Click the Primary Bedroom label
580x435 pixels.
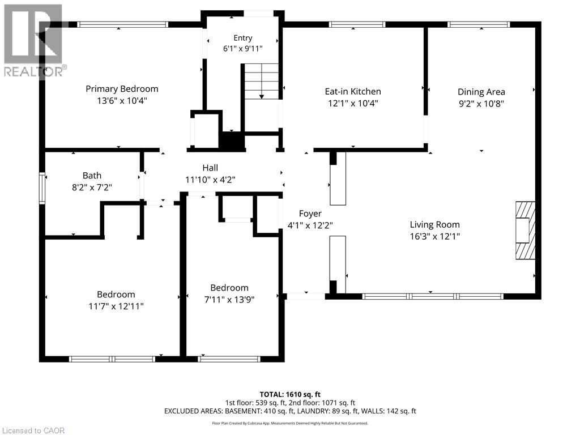tap(122, 89)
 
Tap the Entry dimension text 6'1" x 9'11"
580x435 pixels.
tap(242, 49)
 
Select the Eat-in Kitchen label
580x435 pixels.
tap(353, 91)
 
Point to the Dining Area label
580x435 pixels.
tap(481, 92)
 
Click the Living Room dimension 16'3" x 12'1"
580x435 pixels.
tap(434, 236)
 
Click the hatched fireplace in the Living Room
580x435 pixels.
tap(525, 231)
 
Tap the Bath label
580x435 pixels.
tap(92, 176)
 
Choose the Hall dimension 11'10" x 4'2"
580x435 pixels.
tap(210, 180)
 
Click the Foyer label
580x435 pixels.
tap(310, 214)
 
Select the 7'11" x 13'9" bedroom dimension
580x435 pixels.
tap(229, 300)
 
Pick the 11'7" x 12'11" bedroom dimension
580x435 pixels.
tap(116, 306)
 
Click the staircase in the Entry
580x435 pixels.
tap(262, 82)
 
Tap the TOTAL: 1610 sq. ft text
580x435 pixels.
tap(290, 394)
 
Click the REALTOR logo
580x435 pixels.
tap(33, 41)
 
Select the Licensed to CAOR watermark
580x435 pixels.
tap(33, 430)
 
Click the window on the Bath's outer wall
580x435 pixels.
tap(42, 188)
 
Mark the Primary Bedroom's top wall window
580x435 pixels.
tap(122, 25)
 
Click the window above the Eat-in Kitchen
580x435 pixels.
tap(357, 25)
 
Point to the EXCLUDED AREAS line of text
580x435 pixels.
tap(290, 411)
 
